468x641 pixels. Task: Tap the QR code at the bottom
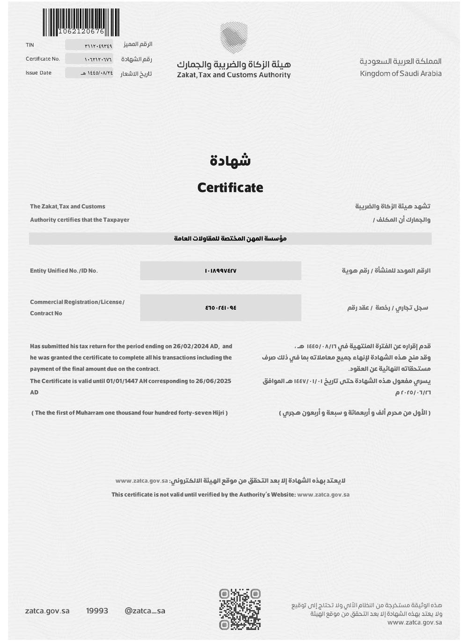(240, 609)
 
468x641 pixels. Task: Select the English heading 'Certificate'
(230, 188)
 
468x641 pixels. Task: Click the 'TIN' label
(30, 45)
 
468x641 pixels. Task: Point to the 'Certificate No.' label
(43, 59)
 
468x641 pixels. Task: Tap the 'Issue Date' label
(38, 73)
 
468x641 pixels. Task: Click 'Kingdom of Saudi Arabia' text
(401, 73)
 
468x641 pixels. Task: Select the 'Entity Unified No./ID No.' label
(64, 271)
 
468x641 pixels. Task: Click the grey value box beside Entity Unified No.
(220, 271)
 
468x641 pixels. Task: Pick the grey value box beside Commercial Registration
(220, 308)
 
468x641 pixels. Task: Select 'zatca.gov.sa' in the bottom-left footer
(47, 611)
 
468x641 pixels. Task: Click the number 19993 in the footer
(97, 611)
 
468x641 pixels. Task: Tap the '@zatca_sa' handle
(145, 611)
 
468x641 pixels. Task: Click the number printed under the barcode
(81, 32)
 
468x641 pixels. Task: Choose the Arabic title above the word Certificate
(230, 160)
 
